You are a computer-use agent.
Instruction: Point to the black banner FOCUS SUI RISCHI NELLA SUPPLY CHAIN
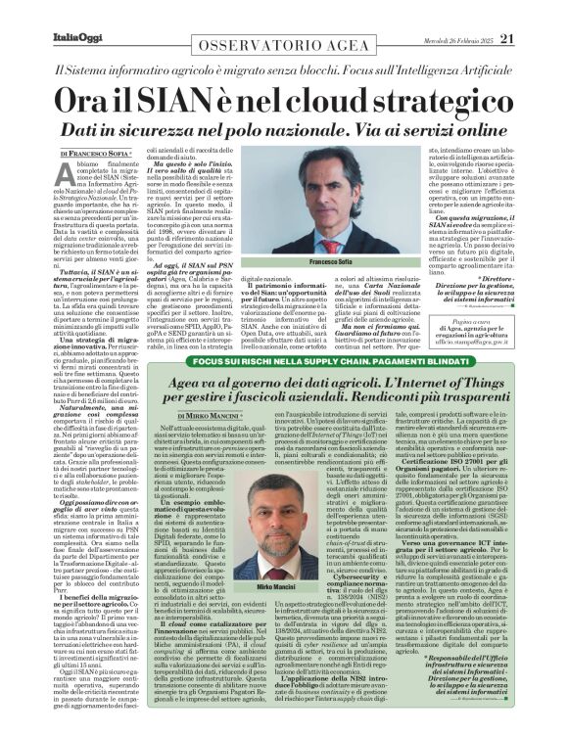284,361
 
